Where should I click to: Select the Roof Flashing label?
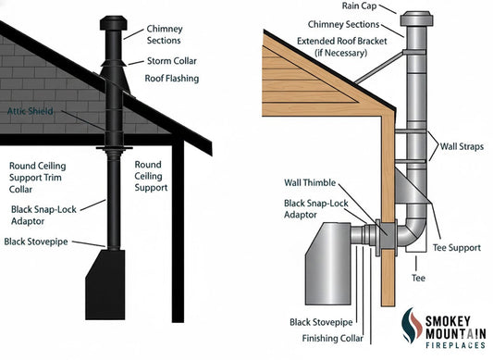click(173, 79)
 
